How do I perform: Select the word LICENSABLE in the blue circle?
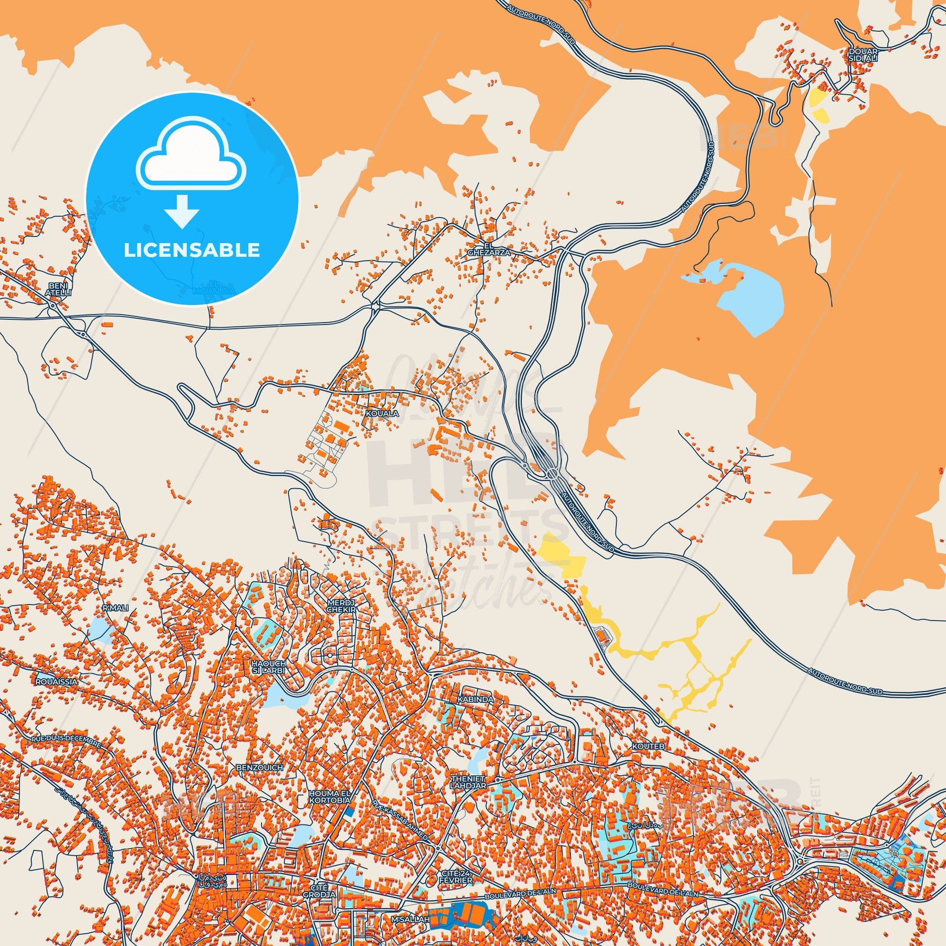pyautogui.click(x=192, y=250)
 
